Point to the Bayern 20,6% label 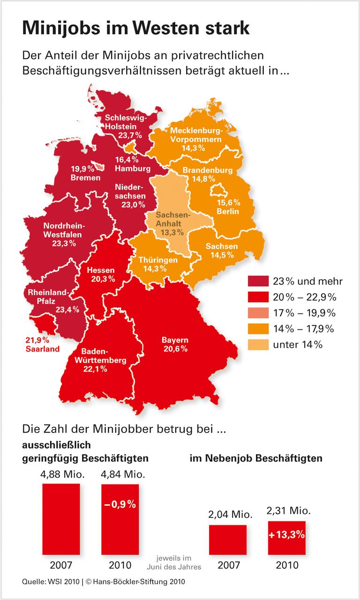[175, 344]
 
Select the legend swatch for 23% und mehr [257, 281]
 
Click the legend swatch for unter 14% [257, 345]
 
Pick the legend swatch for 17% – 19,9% [257, 313]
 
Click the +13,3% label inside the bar [286, 534]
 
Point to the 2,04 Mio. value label [227, 514]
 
